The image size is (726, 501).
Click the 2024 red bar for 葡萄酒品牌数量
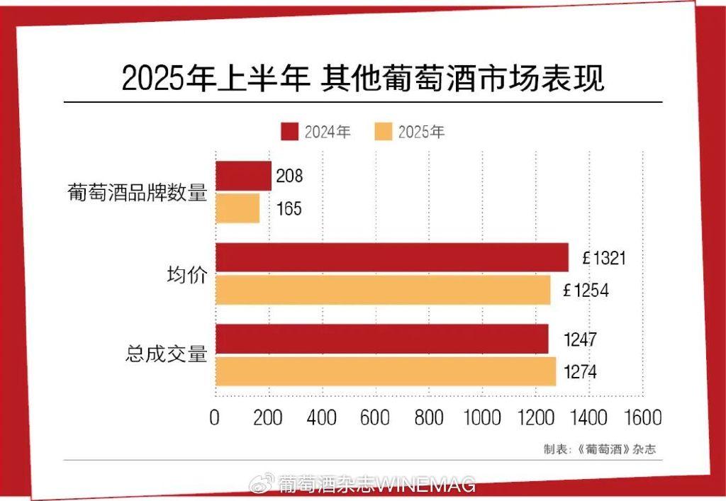[243, 176]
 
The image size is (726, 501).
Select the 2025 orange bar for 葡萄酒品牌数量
[238, 209]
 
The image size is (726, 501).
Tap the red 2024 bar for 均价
[392, 257]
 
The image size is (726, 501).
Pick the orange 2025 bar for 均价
[383, 290]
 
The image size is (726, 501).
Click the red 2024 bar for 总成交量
[382, 339]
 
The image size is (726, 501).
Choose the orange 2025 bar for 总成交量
[386, 371]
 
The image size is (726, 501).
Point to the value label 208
[289, 176]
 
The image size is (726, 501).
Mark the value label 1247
[579, 339]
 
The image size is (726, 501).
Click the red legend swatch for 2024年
[289, 132]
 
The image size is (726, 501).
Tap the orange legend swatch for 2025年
[383, 132]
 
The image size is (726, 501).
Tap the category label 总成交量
[166, 354]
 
